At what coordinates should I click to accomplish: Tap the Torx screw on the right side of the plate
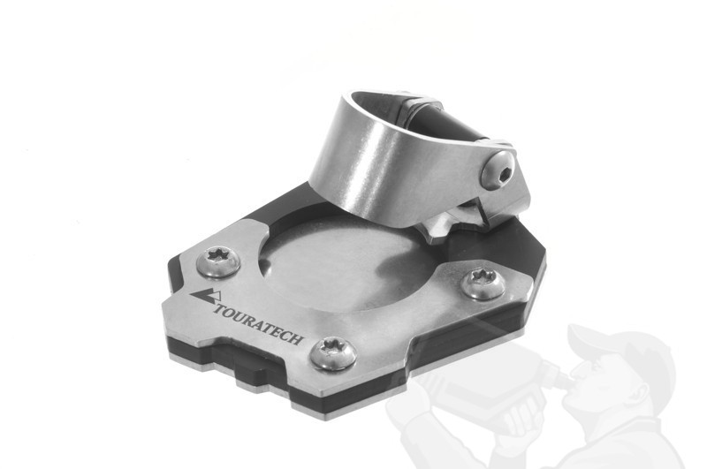483,283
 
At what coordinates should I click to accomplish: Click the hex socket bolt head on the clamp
498,170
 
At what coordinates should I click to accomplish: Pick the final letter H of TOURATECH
296,338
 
